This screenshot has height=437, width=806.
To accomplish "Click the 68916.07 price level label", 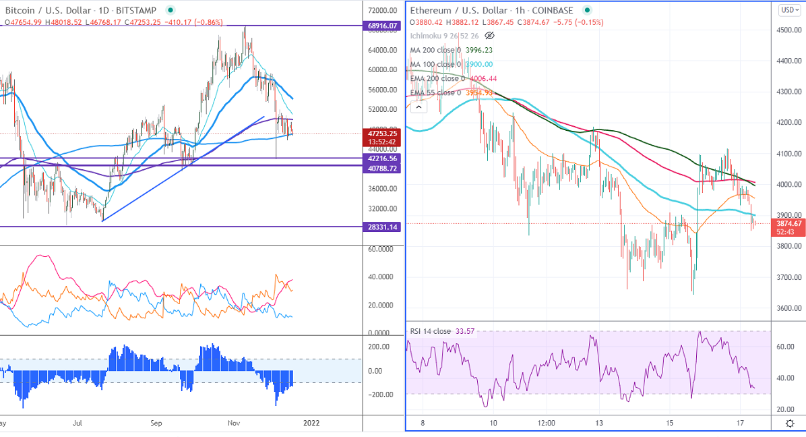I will point(381,26).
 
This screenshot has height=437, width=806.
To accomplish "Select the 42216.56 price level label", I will point(381,158).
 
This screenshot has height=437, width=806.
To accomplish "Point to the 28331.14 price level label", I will point(381,227).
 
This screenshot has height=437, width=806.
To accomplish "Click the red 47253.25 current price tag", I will point(381,134).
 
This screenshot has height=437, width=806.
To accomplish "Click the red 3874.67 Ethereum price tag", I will point(788,223).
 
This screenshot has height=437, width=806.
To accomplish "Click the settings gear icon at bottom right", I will point(790,424).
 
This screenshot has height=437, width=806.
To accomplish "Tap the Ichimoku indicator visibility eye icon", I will point(490,35).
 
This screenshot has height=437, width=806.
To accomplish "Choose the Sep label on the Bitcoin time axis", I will point(156,424).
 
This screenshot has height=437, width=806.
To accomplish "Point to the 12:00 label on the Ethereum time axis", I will point(547,424).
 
